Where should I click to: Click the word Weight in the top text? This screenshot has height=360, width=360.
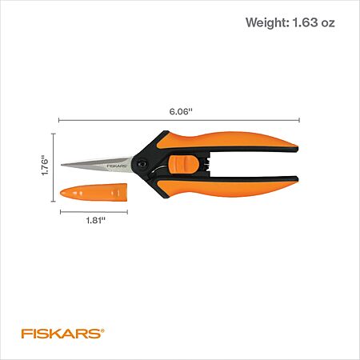[267, 22]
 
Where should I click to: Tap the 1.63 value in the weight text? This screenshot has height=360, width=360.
[305, 22]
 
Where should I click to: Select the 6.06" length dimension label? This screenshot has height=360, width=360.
[181, 111]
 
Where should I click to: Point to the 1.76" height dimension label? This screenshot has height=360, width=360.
[45, 165]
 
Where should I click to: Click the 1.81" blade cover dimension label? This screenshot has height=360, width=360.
[96, 221]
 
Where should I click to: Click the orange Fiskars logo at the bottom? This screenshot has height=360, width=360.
[63, 334]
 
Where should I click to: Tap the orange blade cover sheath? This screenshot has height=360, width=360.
[94, 192]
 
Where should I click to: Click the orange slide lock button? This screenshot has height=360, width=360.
[183, 165]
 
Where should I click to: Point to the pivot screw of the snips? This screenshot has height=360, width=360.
[141, 163]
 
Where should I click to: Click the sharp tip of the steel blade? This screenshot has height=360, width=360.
[62, 165]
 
